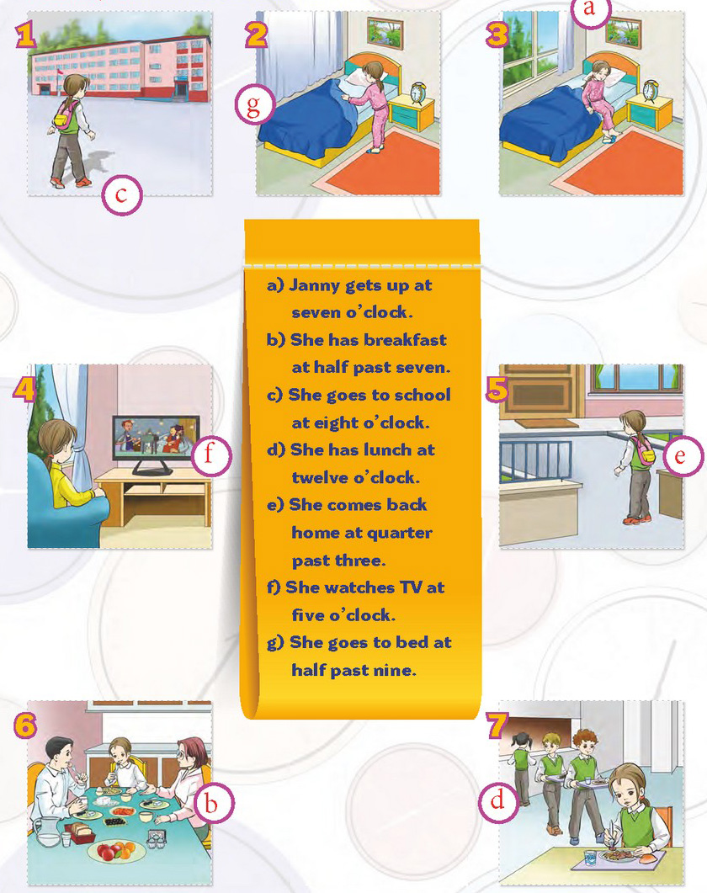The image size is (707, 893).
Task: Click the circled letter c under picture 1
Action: point(121,194)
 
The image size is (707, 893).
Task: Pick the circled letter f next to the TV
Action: point(210,455)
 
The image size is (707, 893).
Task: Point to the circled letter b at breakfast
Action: point(213,803)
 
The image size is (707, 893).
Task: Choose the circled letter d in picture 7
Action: point(497,800)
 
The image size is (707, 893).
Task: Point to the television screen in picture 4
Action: point(156,438)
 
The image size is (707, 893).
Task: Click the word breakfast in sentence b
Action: point(405,340)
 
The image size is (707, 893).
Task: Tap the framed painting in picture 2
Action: point(385,31)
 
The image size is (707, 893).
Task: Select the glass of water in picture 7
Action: point(590,857)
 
